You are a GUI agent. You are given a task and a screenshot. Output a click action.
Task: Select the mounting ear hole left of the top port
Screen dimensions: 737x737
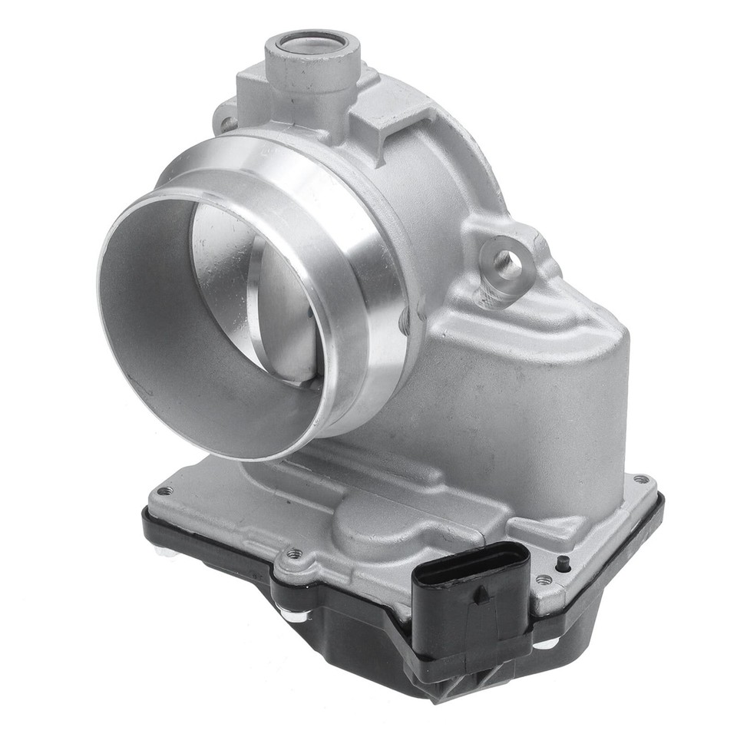(226, 123)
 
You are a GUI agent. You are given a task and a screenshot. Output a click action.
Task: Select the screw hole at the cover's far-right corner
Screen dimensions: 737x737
(640, 480)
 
